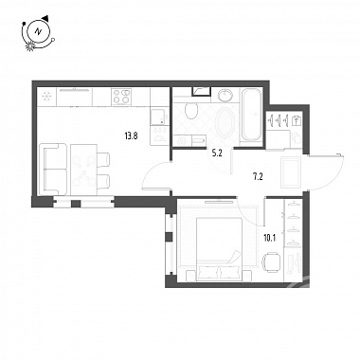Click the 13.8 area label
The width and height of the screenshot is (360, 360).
coord(131,136)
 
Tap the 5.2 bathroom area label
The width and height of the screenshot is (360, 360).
coord(217,153)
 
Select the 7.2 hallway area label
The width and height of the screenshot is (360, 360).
coord(258,177)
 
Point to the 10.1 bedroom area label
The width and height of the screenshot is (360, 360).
coord(270,238)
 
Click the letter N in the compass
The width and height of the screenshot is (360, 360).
coord(39,31)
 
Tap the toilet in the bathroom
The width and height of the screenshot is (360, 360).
coord(190,109)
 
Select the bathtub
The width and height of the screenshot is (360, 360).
coord(251,115)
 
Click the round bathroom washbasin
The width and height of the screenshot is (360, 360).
coord(226,95)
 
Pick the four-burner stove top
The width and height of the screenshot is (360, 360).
coord(121,97)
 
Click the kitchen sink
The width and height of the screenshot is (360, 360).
coord(159,117)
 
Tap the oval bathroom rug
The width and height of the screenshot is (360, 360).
coord(225,122)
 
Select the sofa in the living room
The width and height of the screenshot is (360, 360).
coord(52,169)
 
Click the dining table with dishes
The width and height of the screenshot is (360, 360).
coord(83,170)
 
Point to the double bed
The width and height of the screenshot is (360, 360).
coord(220,249)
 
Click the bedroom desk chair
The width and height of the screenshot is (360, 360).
coord(271,261)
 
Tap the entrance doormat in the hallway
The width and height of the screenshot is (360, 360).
coord(291,172)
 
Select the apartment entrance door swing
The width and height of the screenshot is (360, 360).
coord(327,172)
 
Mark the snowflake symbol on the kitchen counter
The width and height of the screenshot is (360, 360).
coord(46,96)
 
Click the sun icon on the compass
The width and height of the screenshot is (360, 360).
coord(30,46)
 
